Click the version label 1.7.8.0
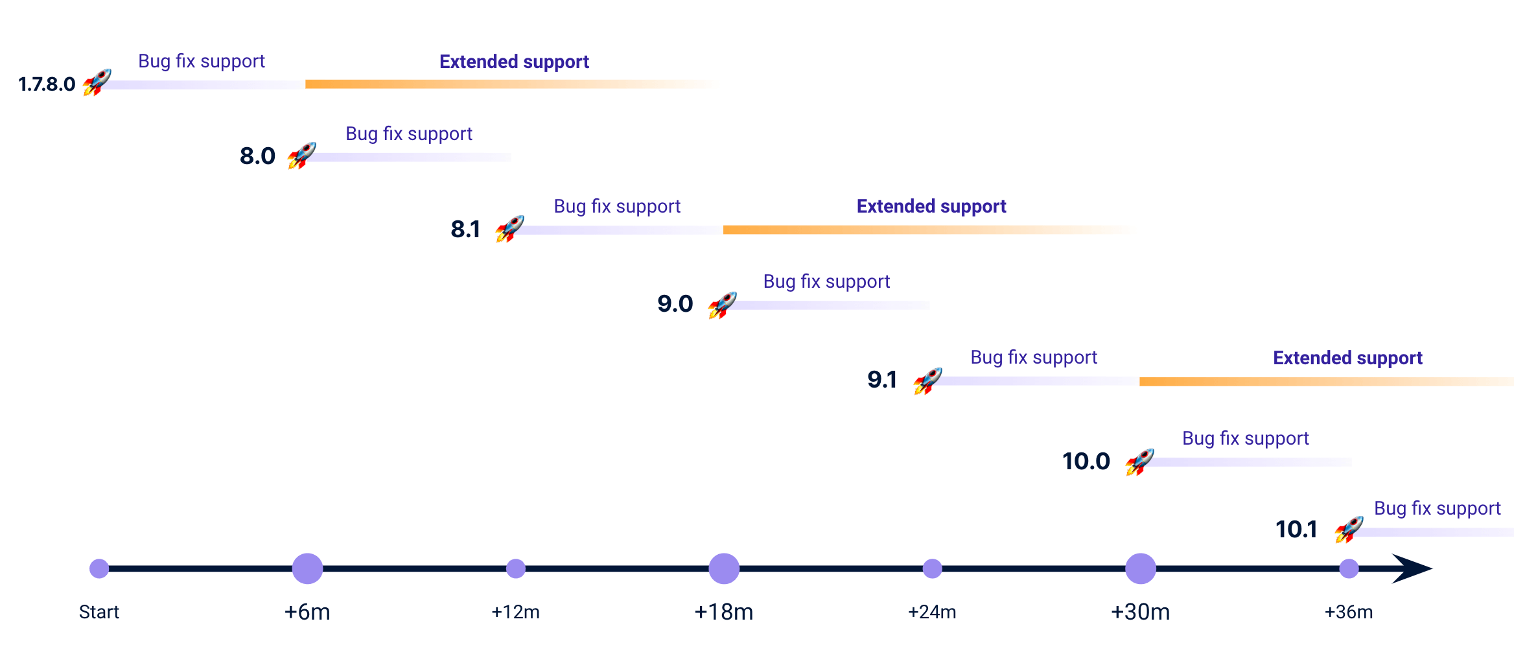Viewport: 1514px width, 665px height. [x=47, y=84]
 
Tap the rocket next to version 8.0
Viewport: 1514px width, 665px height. [x=301, y=156]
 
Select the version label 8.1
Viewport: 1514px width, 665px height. [x=465, y=229]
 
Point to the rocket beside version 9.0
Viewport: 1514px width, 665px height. [x=722, y=305]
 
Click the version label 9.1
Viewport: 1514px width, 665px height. [x=882, y=380]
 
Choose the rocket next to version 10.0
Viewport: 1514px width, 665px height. [x=1139, y=462]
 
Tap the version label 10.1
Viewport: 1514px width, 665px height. [x=1296, y=530]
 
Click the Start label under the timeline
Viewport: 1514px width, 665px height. [x=99, y=612]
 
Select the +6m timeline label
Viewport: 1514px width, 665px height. [x=307, y=612]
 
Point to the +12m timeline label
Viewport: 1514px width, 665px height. [x=515, y=612]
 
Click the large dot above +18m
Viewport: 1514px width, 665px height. [x=724, y=568]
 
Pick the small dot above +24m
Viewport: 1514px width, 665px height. [x=932, y=568]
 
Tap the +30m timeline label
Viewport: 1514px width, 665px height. [x=1140, y=612]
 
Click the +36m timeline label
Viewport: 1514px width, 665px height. [x=1349, y=612]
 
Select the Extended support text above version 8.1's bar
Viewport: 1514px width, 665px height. [x=931, y=207]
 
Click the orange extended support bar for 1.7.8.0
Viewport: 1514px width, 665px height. [x=512, y=84]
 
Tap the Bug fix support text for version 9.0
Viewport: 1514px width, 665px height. [x=826, y=282]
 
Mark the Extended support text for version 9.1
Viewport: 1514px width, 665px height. [x=1347, y=358]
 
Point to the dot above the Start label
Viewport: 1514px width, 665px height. [x=99, y=568]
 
